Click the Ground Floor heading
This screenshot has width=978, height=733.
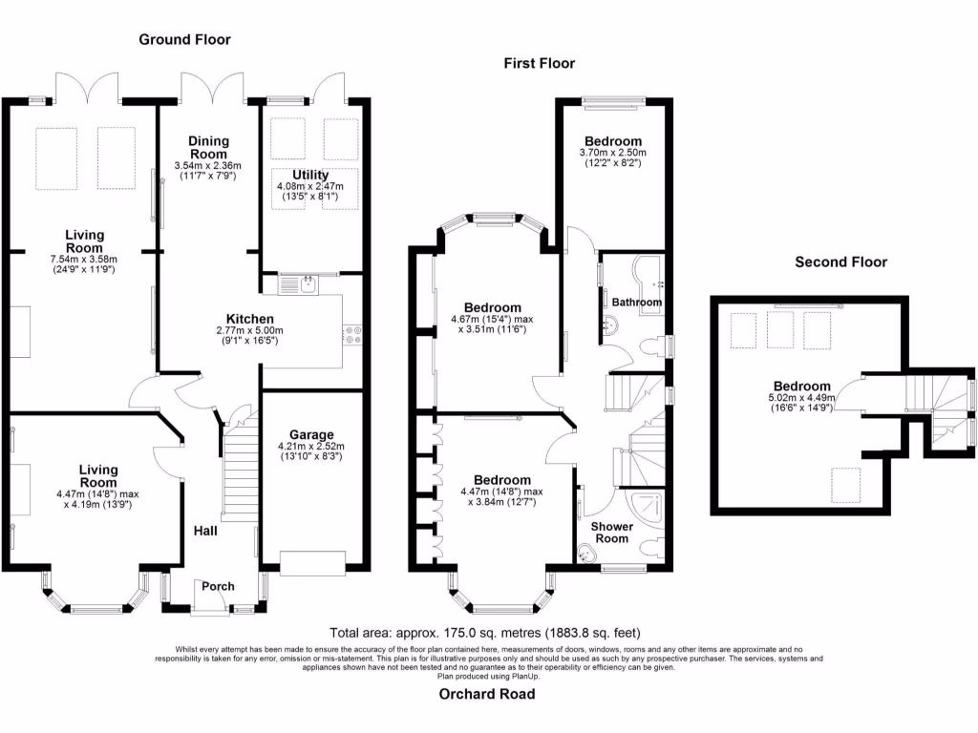184,40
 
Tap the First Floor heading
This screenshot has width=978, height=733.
540,64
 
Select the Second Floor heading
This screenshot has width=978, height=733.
840,262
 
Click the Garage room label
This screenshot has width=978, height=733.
311,434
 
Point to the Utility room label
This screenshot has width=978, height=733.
310,176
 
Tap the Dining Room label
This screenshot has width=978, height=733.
209,148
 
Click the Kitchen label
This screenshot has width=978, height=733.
249,319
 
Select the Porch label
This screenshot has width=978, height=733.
219,587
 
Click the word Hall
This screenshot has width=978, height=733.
205,531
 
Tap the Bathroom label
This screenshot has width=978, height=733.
637,303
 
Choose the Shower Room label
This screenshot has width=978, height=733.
612,533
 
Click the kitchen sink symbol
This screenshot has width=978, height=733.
298,285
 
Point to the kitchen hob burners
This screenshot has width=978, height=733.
352,335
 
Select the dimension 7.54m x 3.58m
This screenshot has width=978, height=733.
84,260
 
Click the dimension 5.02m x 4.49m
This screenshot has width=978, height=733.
801,398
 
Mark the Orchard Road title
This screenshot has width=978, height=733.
487,695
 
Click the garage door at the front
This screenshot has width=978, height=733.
312,563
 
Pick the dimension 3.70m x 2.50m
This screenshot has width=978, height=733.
612,153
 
